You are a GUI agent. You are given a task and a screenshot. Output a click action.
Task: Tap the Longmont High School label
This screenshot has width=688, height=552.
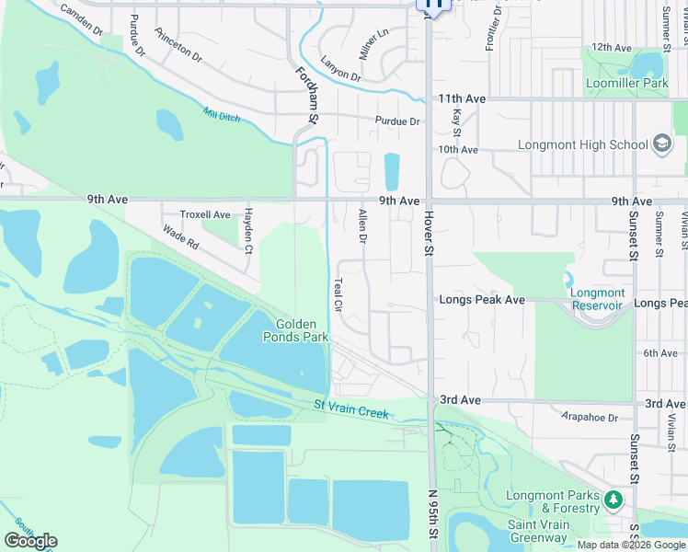[x=583, y=144]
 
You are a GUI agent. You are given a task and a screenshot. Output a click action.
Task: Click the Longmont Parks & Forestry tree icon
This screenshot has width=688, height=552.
[x=613, y=501]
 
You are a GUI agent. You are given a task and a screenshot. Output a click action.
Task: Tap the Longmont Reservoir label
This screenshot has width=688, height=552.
[x=598, y=299]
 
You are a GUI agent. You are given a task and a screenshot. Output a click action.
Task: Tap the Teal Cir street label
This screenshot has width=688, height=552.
[x=338, y=293]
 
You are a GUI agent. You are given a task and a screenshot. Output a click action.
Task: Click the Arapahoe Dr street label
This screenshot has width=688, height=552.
[x=593, y=417]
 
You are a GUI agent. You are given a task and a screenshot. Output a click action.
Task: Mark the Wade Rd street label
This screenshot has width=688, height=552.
[x=180, y=238]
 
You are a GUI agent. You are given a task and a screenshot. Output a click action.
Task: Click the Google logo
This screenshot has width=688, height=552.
[x=30, y=541]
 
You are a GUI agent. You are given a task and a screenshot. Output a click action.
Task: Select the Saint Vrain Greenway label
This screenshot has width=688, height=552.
[x=538, y=531]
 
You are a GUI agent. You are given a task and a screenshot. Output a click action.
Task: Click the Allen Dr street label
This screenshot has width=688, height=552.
[x=361, y=226]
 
